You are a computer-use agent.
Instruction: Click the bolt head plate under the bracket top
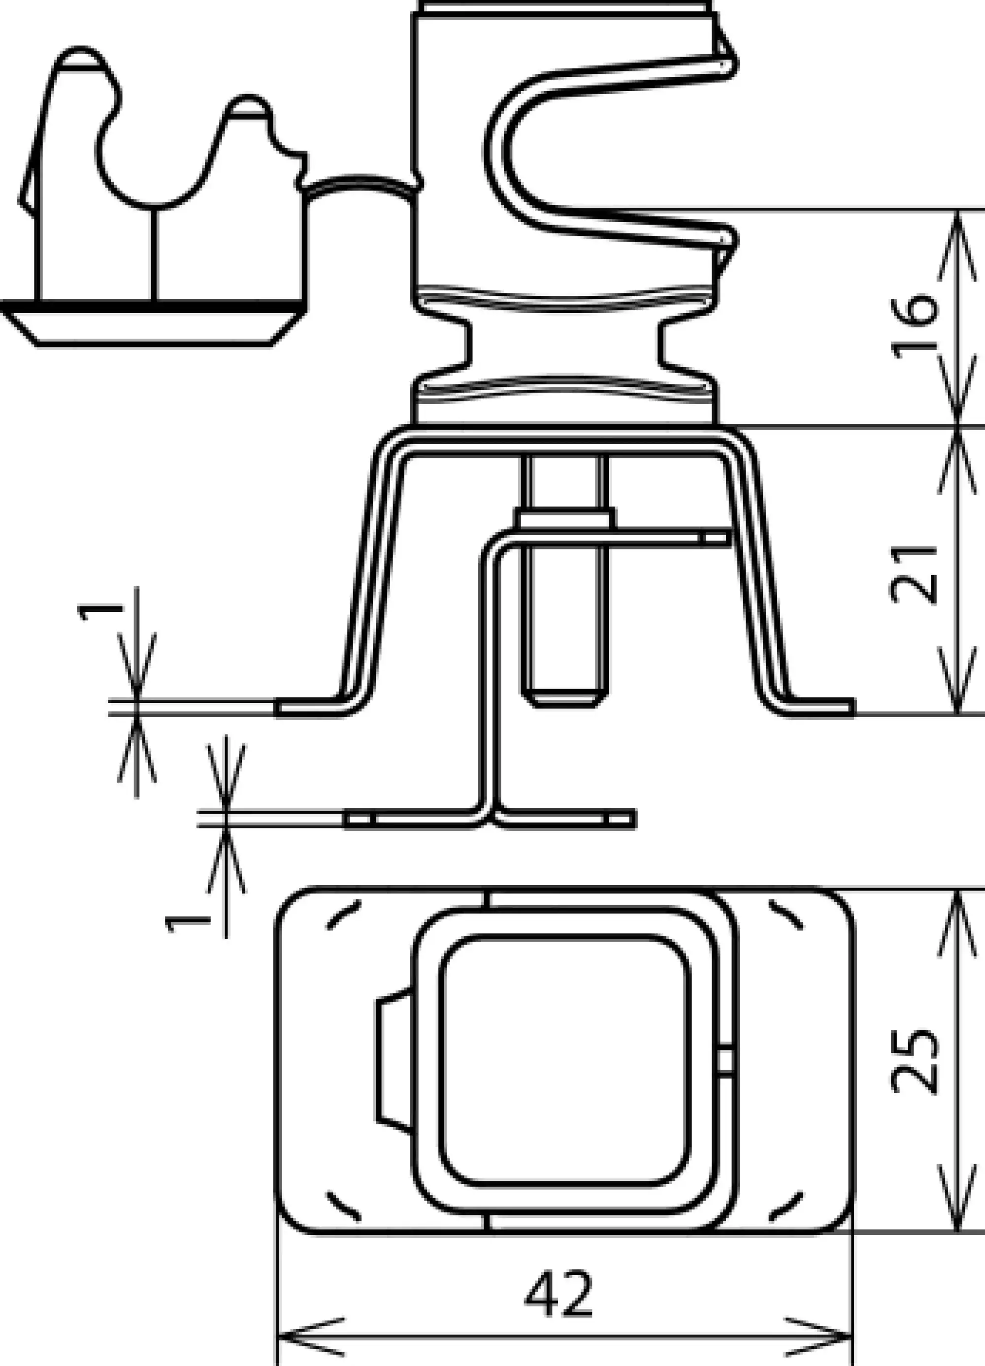coord(564,518)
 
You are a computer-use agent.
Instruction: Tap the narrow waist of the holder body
coord(564,345)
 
